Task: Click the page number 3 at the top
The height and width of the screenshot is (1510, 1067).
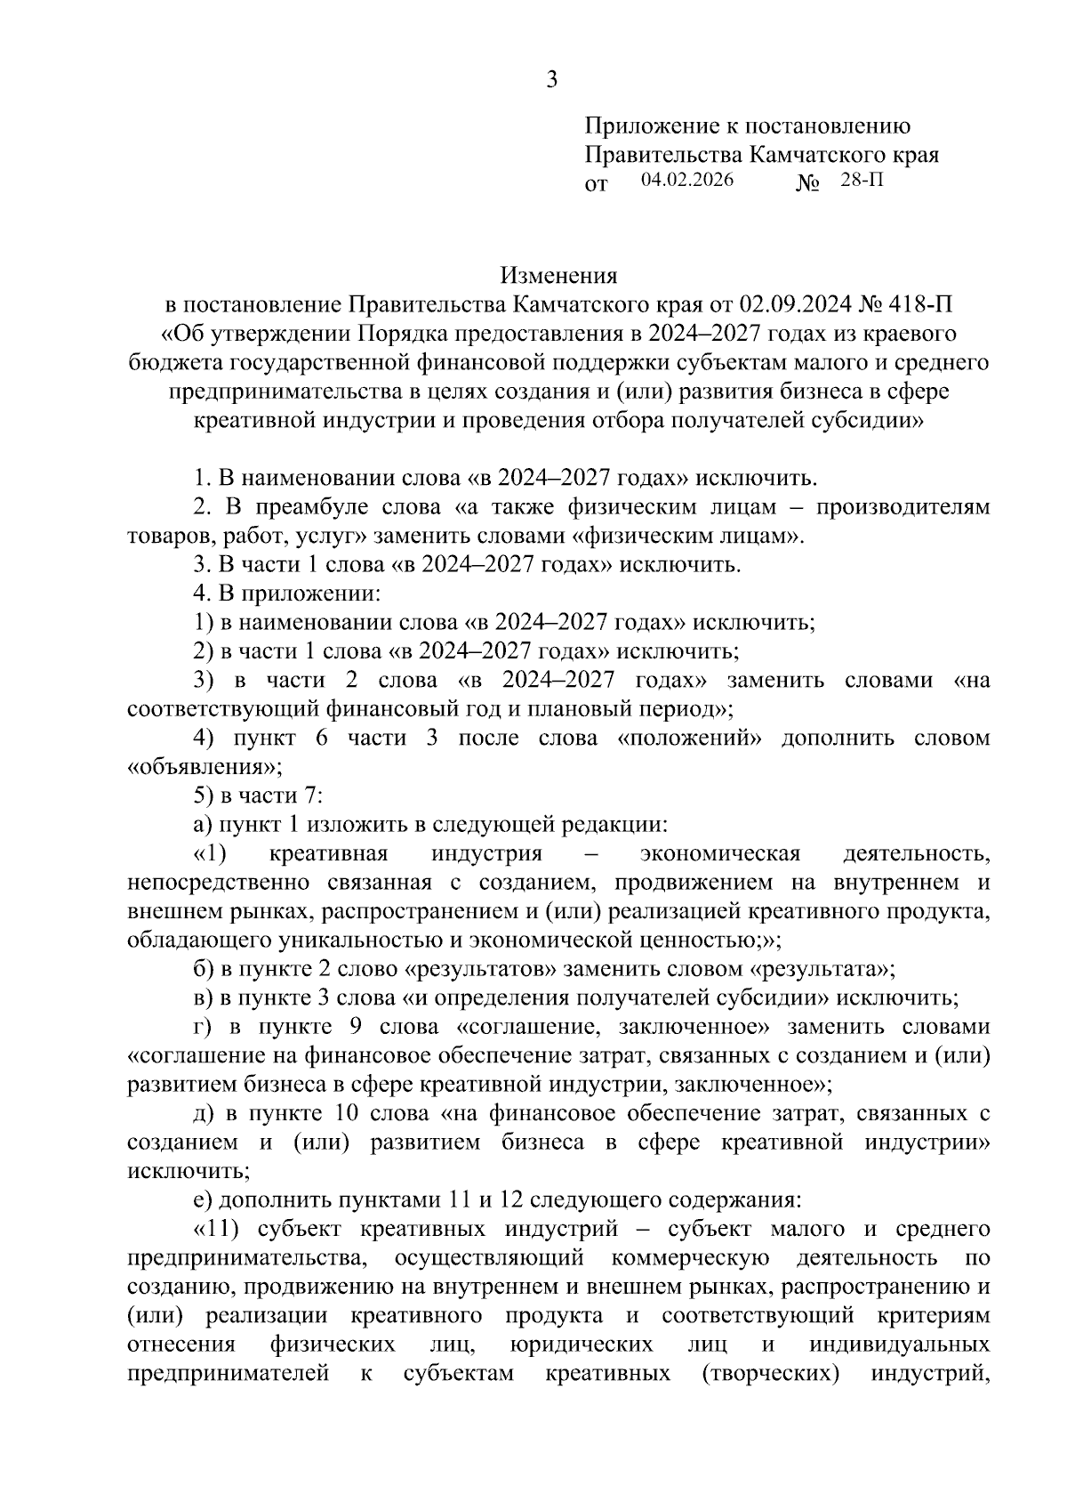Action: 551,81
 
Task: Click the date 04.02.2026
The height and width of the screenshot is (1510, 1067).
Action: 686,181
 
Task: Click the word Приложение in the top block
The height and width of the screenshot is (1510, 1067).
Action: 654,127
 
